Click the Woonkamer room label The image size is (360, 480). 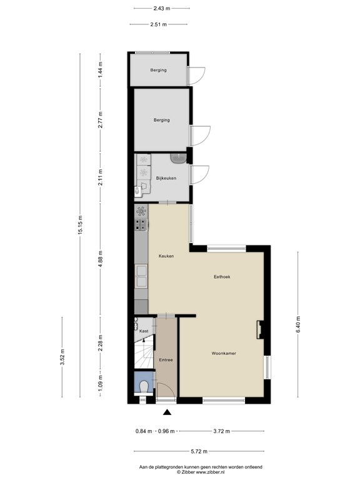[224, 353]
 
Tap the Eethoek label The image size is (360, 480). [222, 277]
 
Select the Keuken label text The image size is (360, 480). [166, 256]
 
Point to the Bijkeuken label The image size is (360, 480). [166, 178]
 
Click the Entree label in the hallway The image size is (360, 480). [166, 360]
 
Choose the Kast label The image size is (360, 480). [144, 331]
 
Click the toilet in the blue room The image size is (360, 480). [144, 387]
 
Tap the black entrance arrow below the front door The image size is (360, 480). [167, 412]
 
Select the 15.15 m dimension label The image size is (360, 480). [80, 225]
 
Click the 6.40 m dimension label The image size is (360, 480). [298, 324]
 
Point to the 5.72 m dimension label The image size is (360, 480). [199, 451]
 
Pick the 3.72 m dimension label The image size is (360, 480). [222, 431]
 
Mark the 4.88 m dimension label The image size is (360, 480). [101, 259]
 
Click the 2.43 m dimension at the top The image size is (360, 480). [162, 9]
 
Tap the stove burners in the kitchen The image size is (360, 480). [141, 225]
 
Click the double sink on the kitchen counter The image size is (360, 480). [141, 276]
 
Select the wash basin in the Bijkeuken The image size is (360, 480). [179, 158]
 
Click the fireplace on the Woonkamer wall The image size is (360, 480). [261, 329]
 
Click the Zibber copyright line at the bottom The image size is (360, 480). [200, 472]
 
